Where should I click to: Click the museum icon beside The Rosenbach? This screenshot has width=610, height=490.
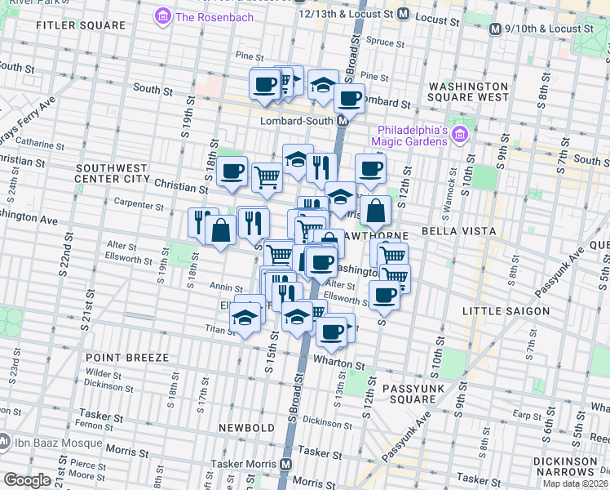(x=163, y=16)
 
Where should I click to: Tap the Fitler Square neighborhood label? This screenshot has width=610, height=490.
(x=81, y=25)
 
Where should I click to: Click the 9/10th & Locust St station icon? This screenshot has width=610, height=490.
(x=495, y=29)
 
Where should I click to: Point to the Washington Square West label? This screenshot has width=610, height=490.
(x=468, y=91)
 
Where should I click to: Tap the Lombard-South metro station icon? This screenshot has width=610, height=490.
(x=343, y=120)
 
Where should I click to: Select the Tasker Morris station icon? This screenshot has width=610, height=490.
(x=285, y=463)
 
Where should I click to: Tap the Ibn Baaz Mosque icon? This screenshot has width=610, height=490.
(x=4, y=443)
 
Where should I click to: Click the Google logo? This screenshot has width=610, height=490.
(x=27, y=480)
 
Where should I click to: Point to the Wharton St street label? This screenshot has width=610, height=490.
(x=340, y=363)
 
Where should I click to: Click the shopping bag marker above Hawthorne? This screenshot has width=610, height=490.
(x=375, y=211)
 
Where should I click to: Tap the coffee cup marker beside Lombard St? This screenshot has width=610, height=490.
(x=350, y=99)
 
